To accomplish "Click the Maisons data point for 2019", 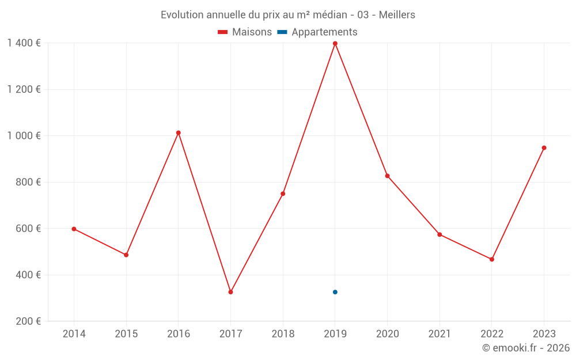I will click(x=335, y=44).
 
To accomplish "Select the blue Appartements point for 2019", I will click(x=335, y=292).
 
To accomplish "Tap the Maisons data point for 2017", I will click(x=230, y=292).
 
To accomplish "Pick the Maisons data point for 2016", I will click(x=178, y=133).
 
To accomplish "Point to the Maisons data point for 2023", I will click(x=544, y=148).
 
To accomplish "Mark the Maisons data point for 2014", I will click(x=74, y=229).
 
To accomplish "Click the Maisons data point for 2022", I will click(x=491, y=259).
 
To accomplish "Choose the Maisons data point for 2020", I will click(x=387, y=176).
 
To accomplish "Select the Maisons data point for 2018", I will click(x=283, y=194).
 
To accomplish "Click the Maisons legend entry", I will click(x=245, y=32).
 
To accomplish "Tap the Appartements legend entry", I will click(x=318, y=32).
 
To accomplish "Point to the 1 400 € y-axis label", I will click(x=24, y=43).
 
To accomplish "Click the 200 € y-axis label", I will click(x=28, y=321).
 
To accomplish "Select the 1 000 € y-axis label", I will click(x=24, y=136).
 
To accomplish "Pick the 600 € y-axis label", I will click(x=28, y=229).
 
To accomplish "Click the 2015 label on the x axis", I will click(x=126, y=334).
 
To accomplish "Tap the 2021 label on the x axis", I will click(x=439, y=334).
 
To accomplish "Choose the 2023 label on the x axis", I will click(x=544, y=334).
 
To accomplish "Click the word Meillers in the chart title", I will click(x=397, y=15).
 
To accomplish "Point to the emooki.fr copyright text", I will click(x=526, y=348).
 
